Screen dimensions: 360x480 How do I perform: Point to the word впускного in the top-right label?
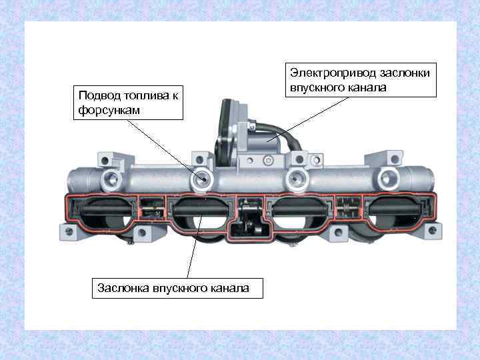coord(317,87)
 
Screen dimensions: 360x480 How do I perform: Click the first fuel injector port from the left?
coord(110,178)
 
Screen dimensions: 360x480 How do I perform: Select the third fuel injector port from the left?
coord(298,177)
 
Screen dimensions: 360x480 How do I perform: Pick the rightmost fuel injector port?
coord(387,177)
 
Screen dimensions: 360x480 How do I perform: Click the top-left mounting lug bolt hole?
coord(105,159)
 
